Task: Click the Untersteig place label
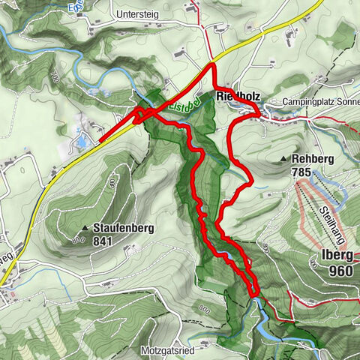point(140,14)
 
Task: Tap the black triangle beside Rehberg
point(283,160)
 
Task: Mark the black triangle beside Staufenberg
point(85,228)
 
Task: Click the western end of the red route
point(100,140)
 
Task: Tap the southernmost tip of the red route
point(254,295)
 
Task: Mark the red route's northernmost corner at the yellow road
point(213,66)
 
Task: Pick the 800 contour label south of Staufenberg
point(78,240)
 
